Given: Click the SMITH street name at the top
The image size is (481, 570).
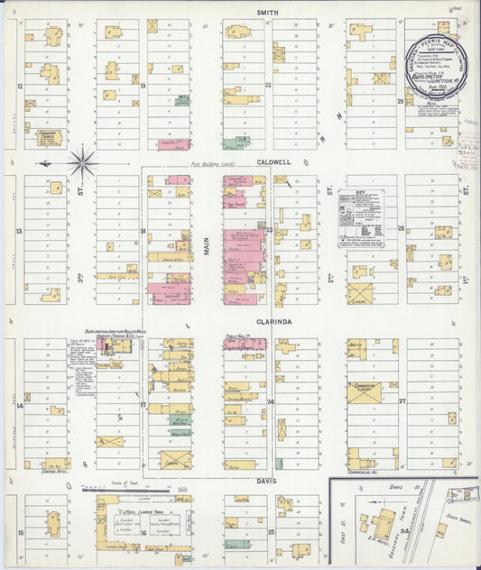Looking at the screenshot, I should (x=265, y=12).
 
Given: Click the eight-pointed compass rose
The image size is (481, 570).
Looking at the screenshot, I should (x=83, y=163).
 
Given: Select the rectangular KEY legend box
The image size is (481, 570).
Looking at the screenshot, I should (x=366, y=217).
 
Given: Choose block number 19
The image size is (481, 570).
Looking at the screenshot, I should (x=143, y=85).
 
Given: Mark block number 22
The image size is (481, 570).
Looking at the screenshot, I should (x=267, y=85).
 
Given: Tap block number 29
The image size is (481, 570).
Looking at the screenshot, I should (x=400, y=101).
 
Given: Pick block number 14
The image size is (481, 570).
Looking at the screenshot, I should (x=19, y=405).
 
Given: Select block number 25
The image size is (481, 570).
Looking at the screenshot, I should (x=271, y=532).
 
